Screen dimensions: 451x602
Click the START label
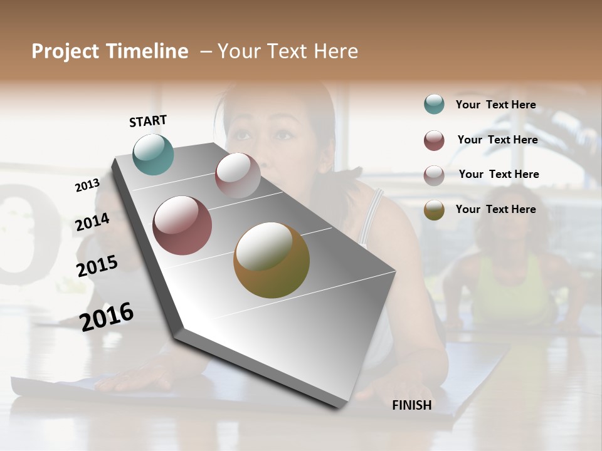(x=148, y=121)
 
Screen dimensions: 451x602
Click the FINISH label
(x=411, y=405)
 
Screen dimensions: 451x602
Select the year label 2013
(x=88, y=185)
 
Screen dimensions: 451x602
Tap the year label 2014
(x=93, y=222)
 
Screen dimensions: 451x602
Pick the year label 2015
(x=97, y=266)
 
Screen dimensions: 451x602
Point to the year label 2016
(x=107, y=316)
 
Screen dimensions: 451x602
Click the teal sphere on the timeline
(x=154, y=154)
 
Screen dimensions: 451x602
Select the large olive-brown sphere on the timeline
(x=272, y=260)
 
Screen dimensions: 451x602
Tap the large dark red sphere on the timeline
(x=182, y=225)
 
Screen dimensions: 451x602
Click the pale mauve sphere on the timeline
(x=238, y=175)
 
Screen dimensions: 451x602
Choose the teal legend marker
(x=434, y=105)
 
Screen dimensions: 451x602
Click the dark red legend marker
(x=434, y=140)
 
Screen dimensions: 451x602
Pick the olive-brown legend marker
(x=434, y=210)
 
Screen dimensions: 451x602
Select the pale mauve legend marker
(x=434, y=175)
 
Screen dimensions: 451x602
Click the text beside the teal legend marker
(x=495, y=105)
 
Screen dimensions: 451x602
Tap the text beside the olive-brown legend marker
(x=495, y=209)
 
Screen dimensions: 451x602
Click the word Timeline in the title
(x=147, y=51)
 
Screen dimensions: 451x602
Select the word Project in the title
(x=65, y=51)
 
